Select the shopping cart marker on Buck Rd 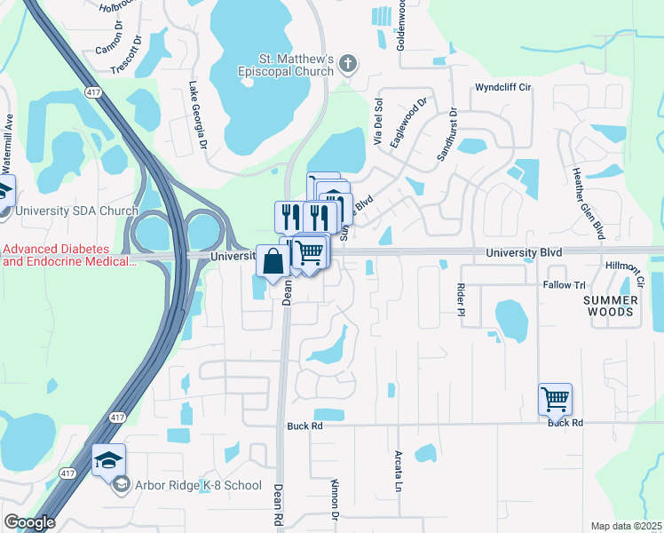(555, 400)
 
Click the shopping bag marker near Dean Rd (273, 261)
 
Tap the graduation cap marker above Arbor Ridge (108, 459)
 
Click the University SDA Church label (76, 211)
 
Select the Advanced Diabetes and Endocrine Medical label (67, 255)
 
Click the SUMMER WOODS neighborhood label (610, 306)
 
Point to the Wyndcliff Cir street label (502, 88)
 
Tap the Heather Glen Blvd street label (589, 203)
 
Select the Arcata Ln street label (398, 471)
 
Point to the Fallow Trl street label (565, 285)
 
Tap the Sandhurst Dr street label (446, 135)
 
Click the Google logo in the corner (29, 522)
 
